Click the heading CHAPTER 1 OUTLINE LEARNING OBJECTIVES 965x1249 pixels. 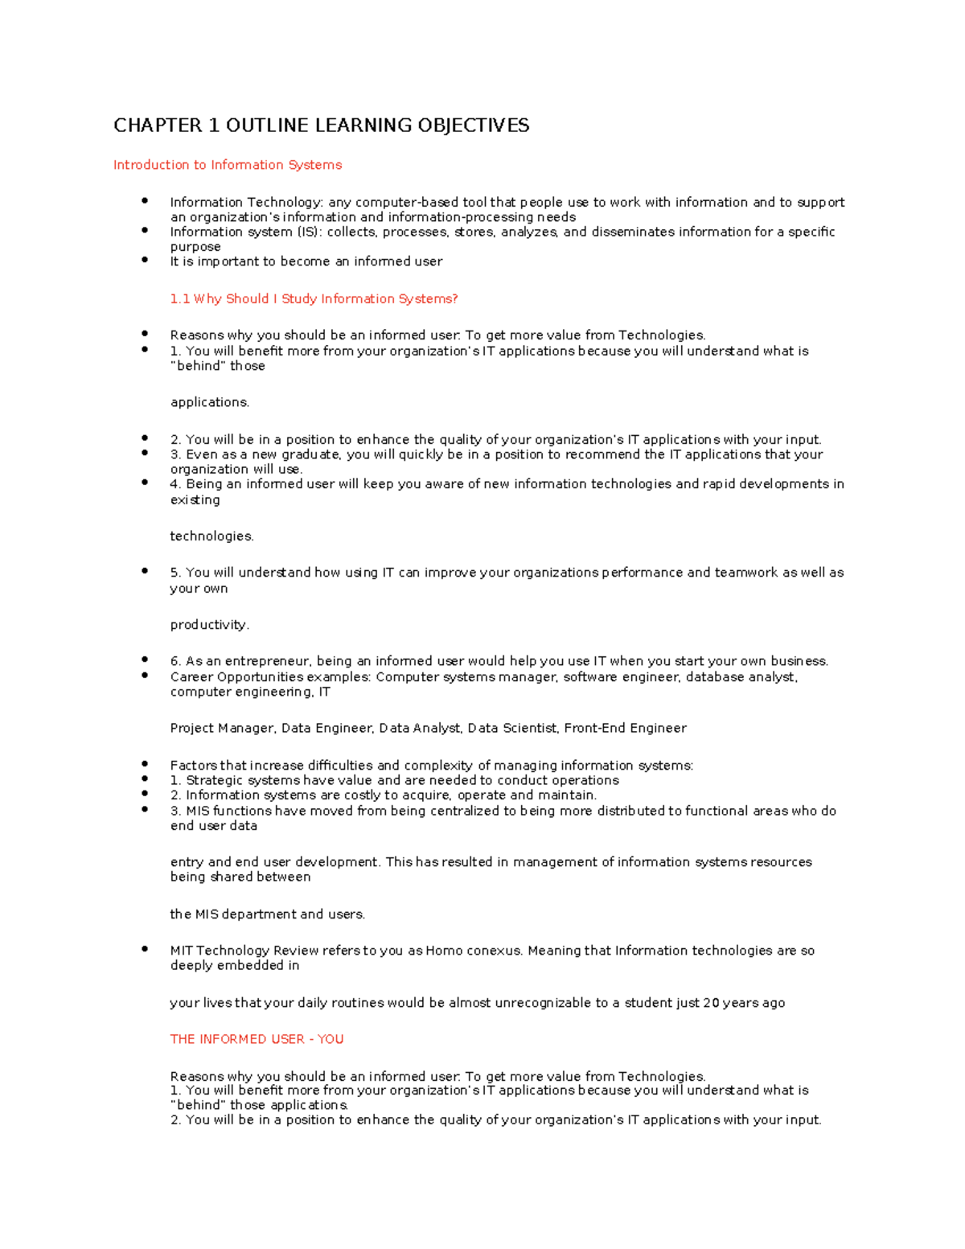[x=321, y=125]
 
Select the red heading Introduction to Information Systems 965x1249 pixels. [x=228, y=165]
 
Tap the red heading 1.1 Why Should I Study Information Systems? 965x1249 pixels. [x=314, y=298]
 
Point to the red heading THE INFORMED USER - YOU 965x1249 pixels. [x=257, y=1039]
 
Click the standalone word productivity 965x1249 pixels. [x=209, y=625]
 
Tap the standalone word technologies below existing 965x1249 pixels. [x=211, y=536]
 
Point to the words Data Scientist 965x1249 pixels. [x=512, y=728]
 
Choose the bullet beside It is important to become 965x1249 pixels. [x=145, y=260]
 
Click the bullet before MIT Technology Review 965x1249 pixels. [x=145, y=949]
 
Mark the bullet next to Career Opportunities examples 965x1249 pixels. [x=145, y=676]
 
